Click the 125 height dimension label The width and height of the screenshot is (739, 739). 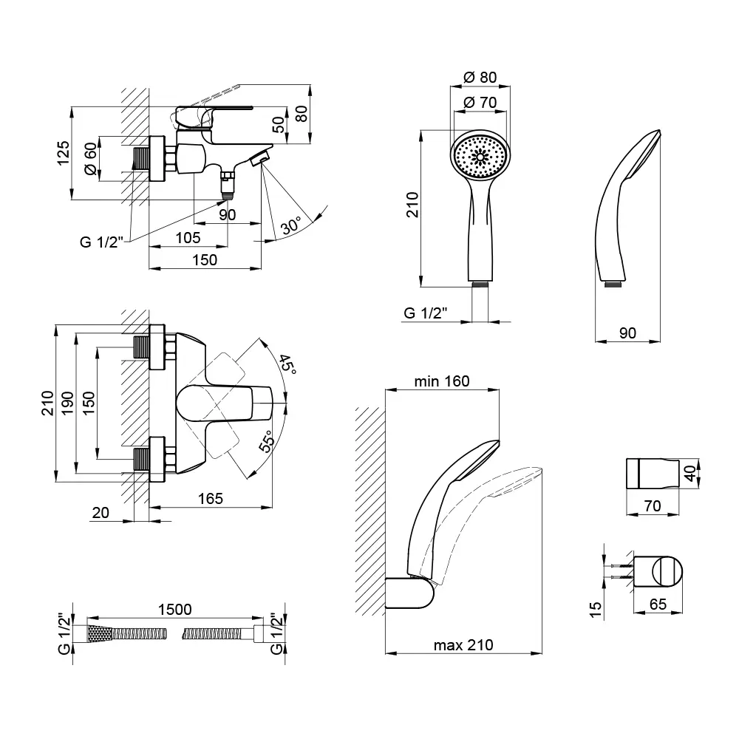pyautogui.click(x=64, y=153)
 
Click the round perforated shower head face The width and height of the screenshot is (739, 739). pyautogui.click(x=480, y=156)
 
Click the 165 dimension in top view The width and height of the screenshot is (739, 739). pyautogui.click(x=210, y=498)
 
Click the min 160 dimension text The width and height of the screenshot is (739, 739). pyautogui.click(x=441, y=381)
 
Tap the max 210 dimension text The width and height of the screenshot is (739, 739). pyautogui.click(x=463, y=645)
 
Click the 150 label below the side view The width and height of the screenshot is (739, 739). pyautogui.click(x=205, y=259)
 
